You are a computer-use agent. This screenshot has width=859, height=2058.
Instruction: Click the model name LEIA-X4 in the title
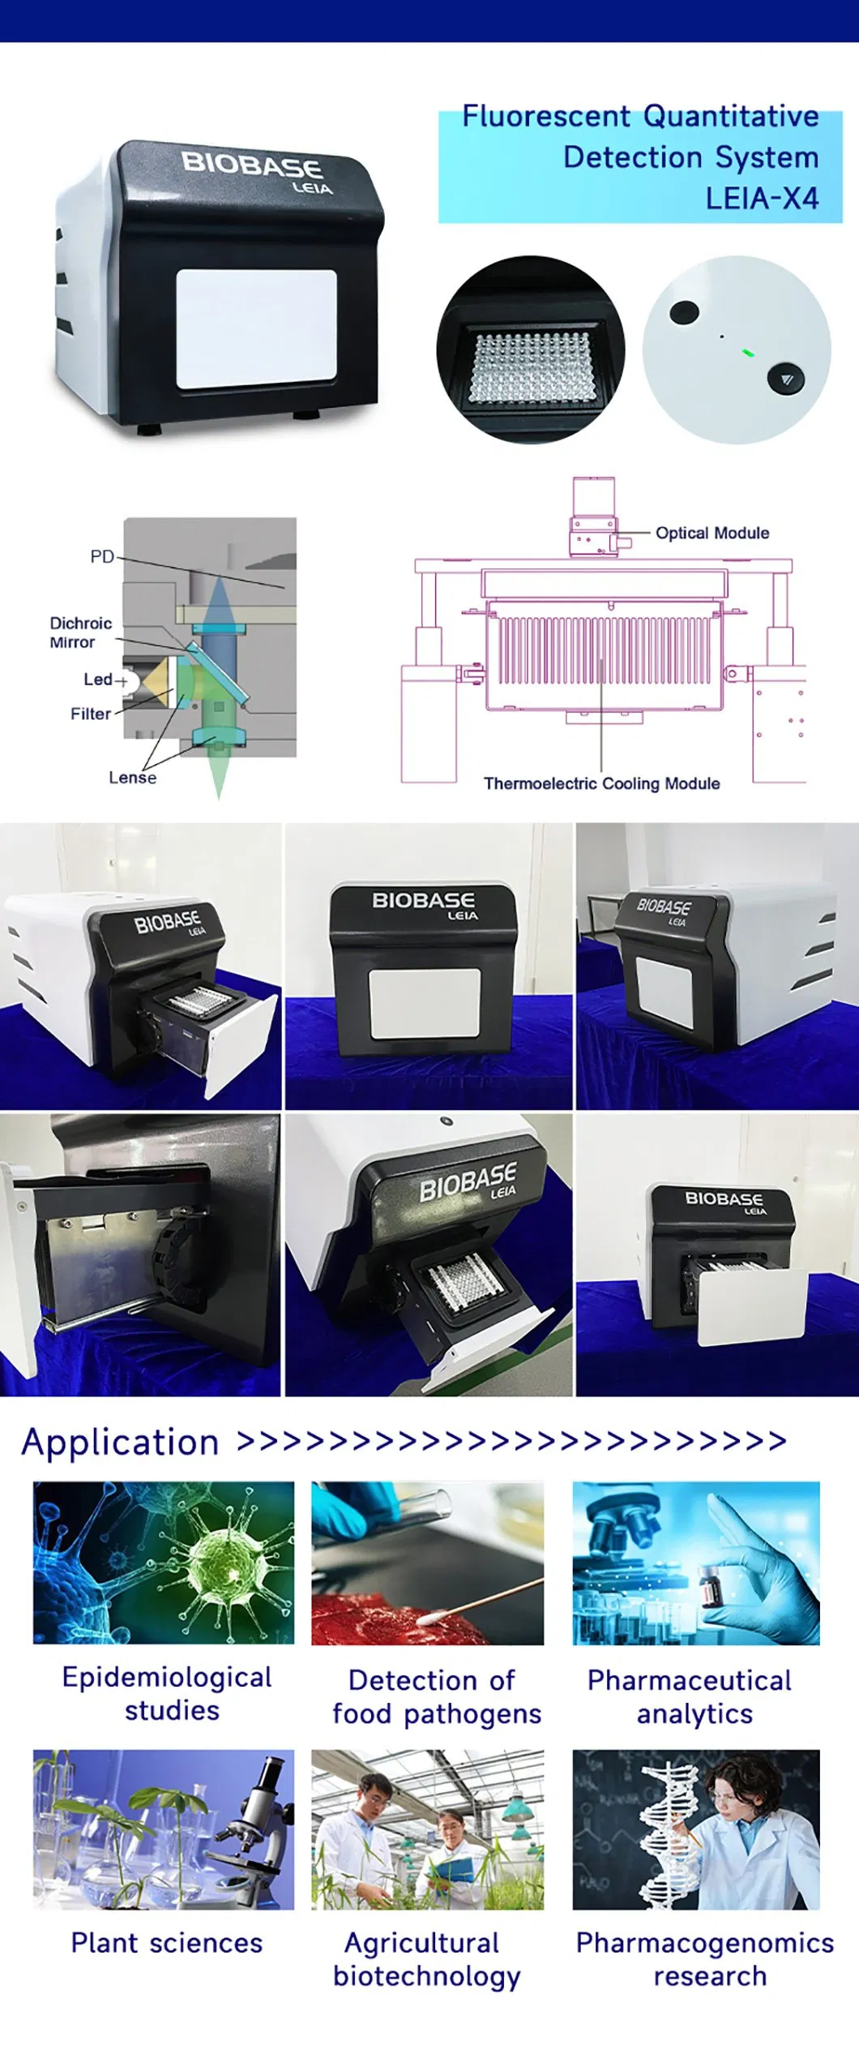(762, 199)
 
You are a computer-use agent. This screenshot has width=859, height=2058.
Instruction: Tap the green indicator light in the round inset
(747, 353)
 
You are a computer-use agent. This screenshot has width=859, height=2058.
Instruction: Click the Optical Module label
(712, 533)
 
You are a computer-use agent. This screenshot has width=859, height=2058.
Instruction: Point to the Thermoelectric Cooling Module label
(601, 783)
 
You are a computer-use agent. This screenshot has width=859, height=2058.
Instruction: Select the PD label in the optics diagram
(101, 557)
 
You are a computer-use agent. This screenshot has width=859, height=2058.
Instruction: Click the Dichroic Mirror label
(79, 632)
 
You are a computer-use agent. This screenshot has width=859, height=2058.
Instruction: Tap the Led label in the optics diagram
(98, 680)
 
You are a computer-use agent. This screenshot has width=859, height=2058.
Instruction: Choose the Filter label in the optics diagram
(90, 714)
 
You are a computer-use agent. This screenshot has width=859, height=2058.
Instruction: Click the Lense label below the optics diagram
(132, 778)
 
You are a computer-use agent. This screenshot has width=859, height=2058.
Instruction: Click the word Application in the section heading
(120, 1443)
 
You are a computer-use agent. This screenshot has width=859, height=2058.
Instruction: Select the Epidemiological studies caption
(167, 1694)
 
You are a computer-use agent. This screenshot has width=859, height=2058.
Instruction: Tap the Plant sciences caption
(166, 1943)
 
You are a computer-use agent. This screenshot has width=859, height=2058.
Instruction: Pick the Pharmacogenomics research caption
(704, 1959)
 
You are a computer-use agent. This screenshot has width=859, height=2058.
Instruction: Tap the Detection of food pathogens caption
(436, 1697)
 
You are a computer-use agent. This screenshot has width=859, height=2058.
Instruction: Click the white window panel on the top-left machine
(256, 328)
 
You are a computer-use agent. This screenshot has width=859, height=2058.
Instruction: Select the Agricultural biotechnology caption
(426, 1959)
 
